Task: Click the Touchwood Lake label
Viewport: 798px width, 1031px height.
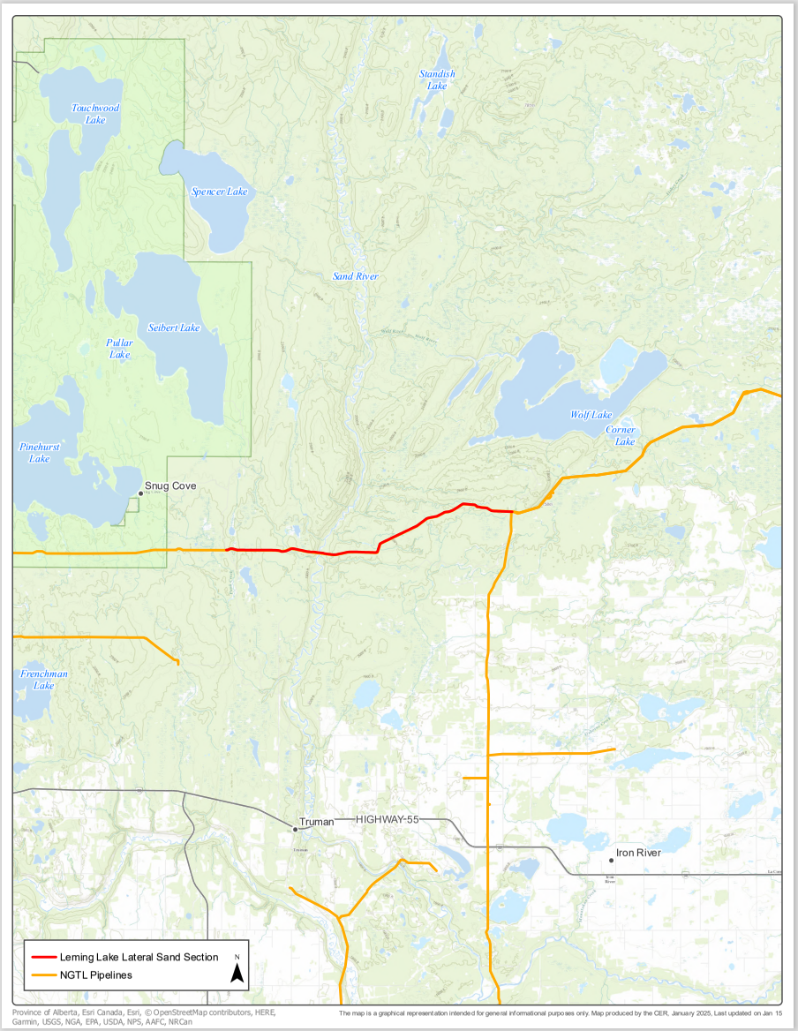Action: pos(95,113)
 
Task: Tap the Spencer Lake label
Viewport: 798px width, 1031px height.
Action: pos(220,192)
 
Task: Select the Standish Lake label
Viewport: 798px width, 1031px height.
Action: pos(437,79)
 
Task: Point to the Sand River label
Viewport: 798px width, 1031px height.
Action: pos(355,276)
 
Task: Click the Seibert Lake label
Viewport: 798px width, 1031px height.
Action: pos(174,327)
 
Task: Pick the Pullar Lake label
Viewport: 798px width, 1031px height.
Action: pos(120,348)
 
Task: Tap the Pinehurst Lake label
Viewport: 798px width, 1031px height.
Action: pos(40,453)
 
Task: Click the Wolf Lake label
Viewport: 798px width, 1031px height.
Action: pos(591,415)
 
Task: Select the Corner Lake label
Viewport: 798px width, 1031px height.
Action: pos(621,435)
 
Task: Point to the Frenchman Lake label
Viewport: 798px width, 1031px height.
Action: pos(44,680)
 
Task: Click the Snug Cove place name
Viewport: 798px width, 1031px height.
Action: pos(170,486)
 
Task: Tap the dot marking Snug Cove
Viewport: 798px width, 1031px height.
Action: pos(139,493)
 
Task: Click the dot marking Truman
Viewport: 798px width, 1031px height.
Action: pos(295,829)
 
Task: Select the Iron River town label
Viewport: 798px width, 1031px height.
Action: pos(638,853)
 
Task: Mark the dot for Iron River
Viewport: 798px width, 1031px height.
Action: pos(611,860)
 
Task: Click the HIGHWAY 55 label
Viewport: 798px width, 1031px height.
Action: pos(388,820)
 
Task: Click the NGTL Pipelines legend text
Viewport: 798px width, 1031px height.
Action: pos(96,975)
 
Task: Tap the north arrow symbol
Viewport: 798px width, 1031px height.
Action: pos(237,971)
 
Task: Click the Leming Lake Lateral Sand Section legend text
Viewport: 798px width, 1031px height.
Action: pos(139,957)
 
